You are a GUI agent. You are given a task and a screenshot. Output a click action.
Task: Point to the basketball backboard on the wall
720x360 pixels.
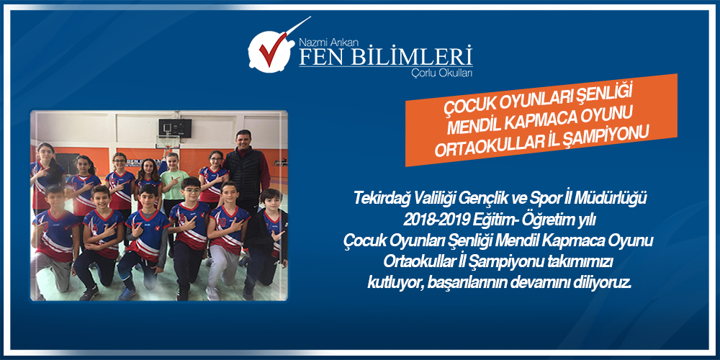point(175,127)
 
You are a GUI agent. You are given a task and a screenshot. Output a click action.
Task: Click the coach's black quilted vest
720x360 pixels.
point(244,174)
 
